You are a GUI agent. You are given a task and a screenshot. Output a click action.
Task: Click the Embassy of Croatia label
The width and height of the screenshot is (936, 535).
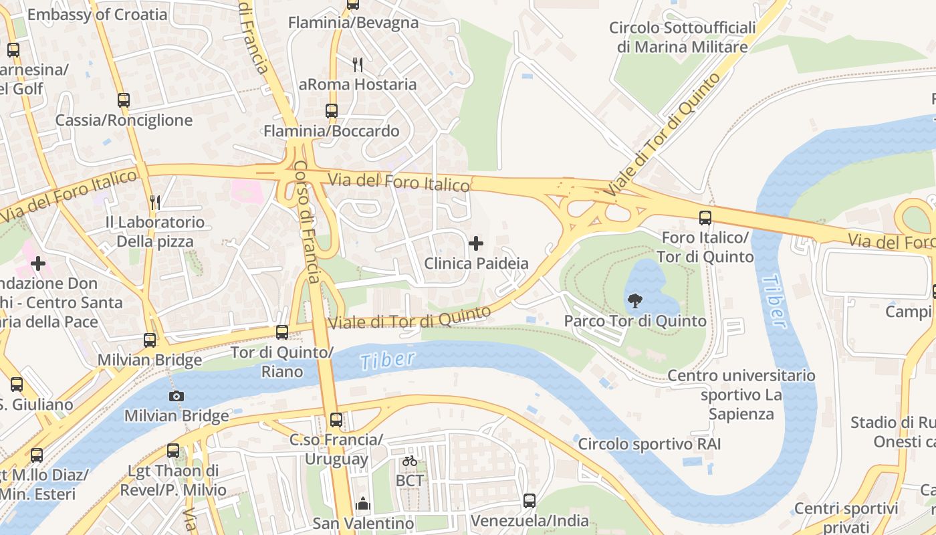pyautogui.click(x=97, y=14)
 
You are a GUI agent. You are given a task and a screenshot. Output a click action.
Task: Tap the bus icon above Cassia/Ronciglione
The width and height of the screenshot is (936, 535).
pyautogui.click(x=124, y=100)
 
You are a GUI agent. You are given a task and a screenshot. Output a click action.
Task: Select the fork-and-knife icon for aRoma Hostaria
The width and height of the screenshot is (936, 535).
pyautogui.click(x=358, y=65)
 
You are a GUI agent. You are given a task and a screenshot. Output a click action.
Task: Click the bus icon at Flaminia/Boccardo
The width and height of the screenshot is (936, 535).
pyautogui.click(x=332, y=111)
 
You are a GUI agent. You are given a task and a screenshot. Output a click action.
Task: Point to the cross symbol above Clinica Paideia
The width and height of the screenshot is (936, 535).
pyautogui.click(x=476, y=243)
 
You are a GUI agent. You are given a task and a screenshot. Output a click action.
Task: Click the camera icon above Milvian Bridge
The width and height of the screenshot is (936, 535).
pyautogui.click(x=177, y=396)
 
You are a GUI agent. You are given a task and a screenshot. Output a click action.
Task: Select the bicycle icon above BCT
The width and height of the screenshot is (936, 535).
pyautogui.click(x=410, y=461)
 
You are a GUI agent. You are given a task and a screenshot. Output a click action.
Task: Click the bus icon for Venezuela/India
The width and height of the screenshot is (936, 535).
pyautogui.click(x=530, y=500)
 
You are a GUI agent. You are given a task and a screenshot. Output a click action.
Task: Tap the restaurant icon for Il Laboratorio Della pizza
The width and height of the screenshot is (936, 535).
pyautogui.click(x=155, y=202)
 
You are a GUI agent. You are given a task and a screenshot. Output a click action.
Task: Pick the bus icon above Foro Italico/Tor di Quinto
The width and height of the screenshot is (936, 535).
pyautogui.click(x=705, y=217)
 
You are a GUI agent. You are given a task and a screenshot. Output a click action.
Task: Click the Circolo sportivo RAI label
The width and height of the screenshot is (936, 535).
pyautogui.click(x=649, y=444)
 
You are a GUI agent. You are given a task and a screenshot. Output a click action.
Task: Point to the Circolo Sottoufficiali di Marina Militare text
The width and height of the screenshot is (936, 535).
pyautogui.click(x=682, y=37)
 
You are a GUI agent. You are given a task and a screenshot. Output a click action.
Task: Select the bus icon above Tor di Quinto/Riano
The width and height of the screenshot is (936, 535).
pyautogui.click(x=282, y=332)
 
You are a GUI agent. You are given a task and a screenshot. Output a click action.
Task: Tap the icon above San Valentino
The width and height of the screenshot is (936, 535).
pyautogui.click(x=363, y=503)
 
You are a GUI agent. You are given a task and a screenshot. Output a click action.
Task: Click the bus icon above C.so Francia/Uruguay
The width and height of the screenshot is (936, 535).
pyautogui.click(x=336, y=420)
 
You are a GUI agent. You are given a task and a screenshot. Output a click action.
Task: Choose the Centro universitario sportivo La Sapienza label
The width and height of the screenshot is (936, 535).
pyautogui.click(x=741, y=395)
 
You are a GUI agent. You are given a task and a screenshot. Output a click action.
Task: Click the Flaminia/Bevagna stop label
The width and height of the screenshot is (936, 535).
pyautogui.click(x=353, y=23)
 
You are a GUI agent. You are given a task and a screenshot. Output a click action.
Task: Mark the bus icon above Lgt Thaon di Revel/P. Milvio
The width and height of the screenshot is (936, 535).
pyautogui.click(x=173, y=451)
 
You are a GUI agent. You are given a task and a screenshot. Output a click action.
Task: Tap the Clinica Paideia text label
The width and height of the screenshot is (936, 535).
pyautogui.click(x=476, y=263)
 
